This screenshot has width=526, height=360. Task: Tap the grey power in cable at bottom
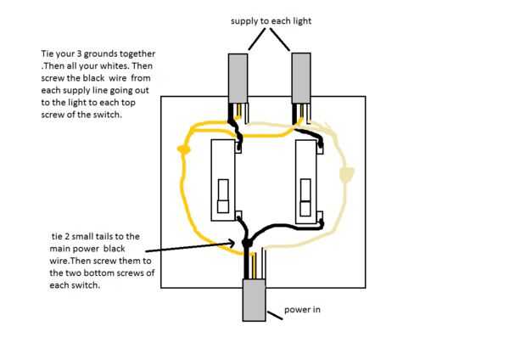coord(256,301)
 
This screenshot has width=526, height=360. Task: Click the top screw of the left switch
coord(240,145)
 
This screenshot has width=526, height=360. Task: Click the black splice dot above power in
coord(247,245)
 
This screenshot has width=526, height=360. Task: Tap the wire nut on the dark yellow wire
coord(182,149)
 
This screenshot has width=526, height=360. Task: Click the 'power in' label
coord(303,310)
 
